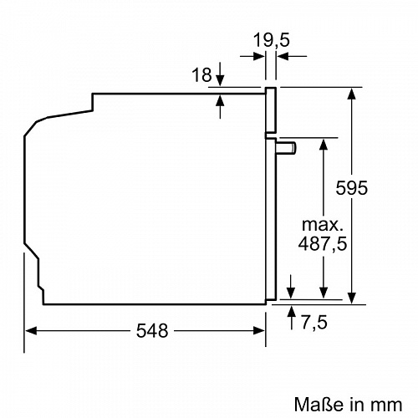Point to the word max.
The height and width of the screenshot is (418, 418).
coord(322,226)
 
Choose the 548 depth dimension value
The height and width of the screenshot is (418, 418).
coord(151,330)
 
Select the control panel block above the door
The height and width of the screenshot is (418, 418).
coord(272,110)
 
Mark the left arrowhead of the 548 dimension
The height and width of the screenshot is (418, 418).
coord(29,330)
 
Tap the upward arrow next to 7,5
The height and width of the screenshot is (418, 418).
coord(291,312)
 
